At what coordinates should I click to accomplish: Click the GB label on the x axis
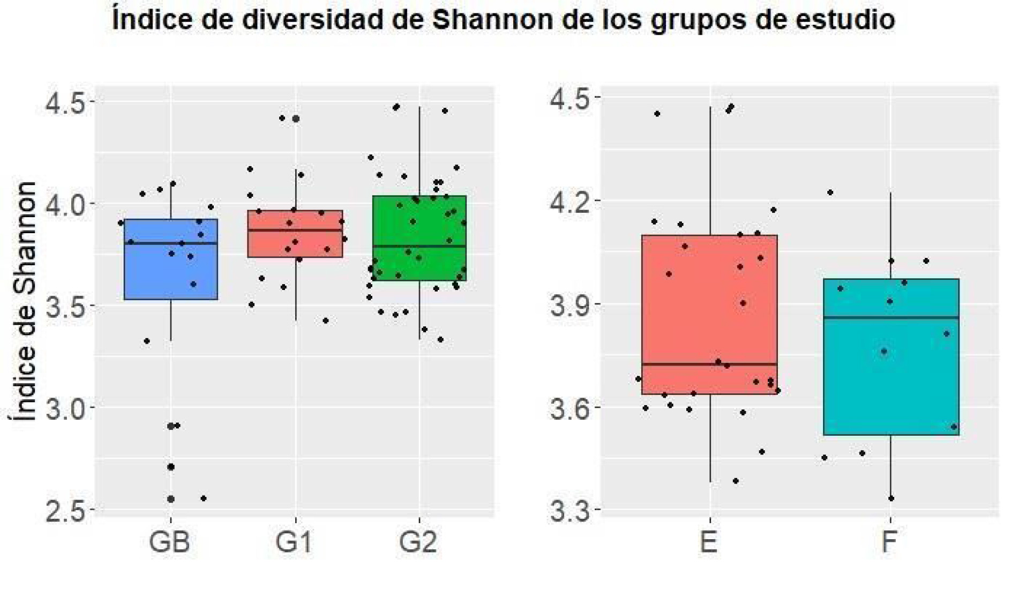[x=169, y=542]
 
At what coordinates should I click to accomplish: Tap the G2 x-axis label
[x=418, y=542]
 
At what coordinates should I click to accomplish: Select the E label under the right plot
[x=709, y=542]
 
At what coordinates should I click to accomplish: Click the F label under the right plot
[x=889, y=542]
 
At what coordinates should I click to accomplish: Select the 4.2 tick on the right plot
[x=571, y=201]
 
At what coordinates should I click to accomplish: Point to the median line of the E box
[x=709, y=364]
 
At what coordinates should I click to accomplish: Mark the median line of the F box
[x=890, y=317]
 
